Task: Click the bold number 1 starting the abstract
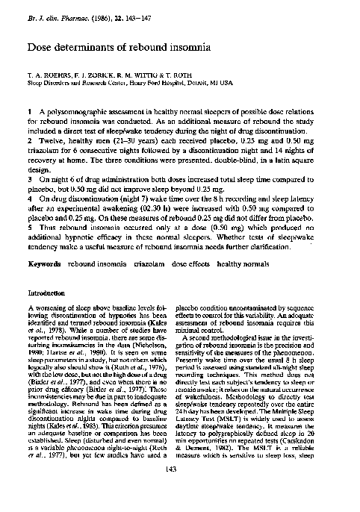[28, 109]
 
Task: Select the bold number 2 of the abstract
[28, 139]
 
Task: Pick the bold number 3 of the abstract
[28, 179]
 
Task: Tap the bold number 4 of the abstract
[28, 199]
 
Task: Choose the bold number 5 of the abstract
[28, 230]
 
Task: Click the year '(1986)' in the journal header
[99, 7]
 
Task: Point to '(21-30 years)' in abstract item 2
[123, 139]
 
